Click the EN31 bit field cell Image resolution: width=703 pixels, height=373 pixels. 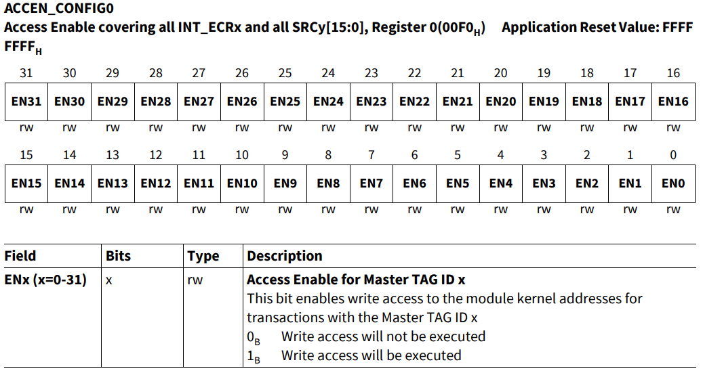click(26, 102)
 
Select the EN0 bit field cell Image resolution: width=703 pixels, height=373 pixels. click(673, 183)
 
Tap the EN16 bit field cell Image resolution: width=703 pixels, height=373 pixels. click(673, 102)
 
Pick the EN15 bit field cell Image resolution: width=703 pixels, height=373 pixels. click(26, 183)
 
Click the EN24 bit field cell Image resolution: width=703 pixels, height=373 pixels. click(328, 102)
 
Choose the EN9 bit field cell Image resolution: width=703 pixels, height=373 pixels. click(285, 183)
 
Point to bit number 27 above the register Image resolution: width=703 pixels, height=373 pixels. click(199, 73)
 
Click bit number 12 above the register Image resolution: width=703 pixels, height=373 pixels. click(156, 155)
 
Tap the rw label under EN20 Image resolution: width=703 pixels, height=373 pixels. click(501, 127)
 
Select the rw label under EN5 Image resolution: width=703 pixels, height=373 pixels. click(458, 209)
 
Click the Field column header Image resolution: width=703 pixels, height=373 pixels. click(20, 256)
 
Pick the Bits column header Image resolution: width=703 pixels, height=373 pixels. click(119, 256)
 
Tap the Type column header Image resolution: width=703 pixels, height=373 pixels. click(203, 256)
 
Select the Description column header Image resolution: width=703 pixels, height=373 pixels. click(285, 256)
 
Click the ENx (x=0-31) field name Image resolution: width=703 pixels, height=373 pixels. click(45, 280)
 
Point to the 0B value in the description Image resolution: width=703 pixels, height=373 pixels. click(254, 337)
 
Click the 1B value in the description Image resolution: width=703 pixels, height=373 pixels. click(254, 356)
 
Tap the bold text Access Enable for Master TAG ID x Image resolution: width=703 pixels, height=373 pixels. click(356, 280)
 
